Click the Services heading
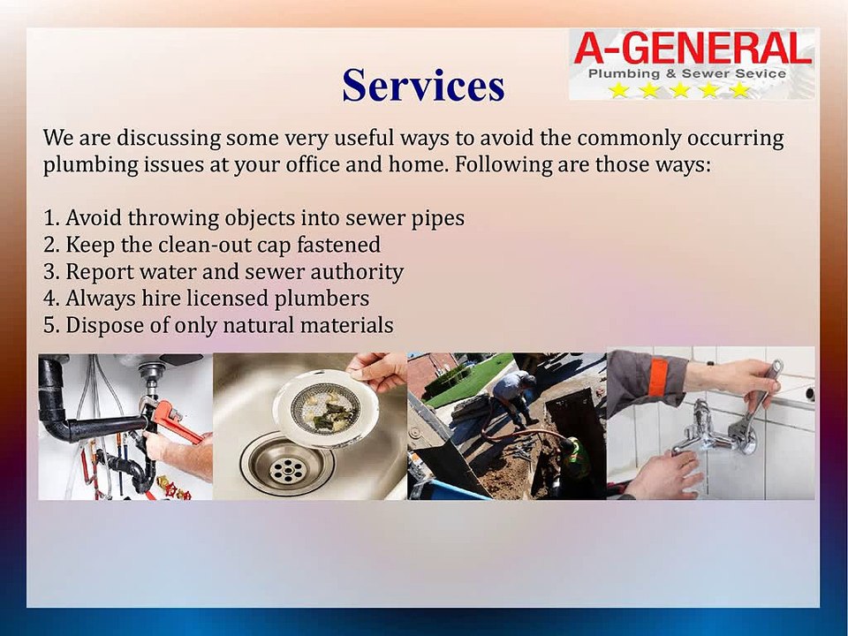tap(423, 86)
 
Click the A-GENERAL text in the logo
tap(692, 48)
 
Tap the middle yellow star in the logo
tap(679, 90)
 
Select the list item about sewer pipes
tap(254, 217)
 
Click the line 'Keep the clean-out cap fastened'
tap(212, 244)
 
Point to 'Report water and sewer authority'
tap(223, 271)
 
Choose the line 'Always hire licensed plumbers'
tap(206, 298)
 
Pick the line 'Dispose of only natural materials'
tap(218, 324)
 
